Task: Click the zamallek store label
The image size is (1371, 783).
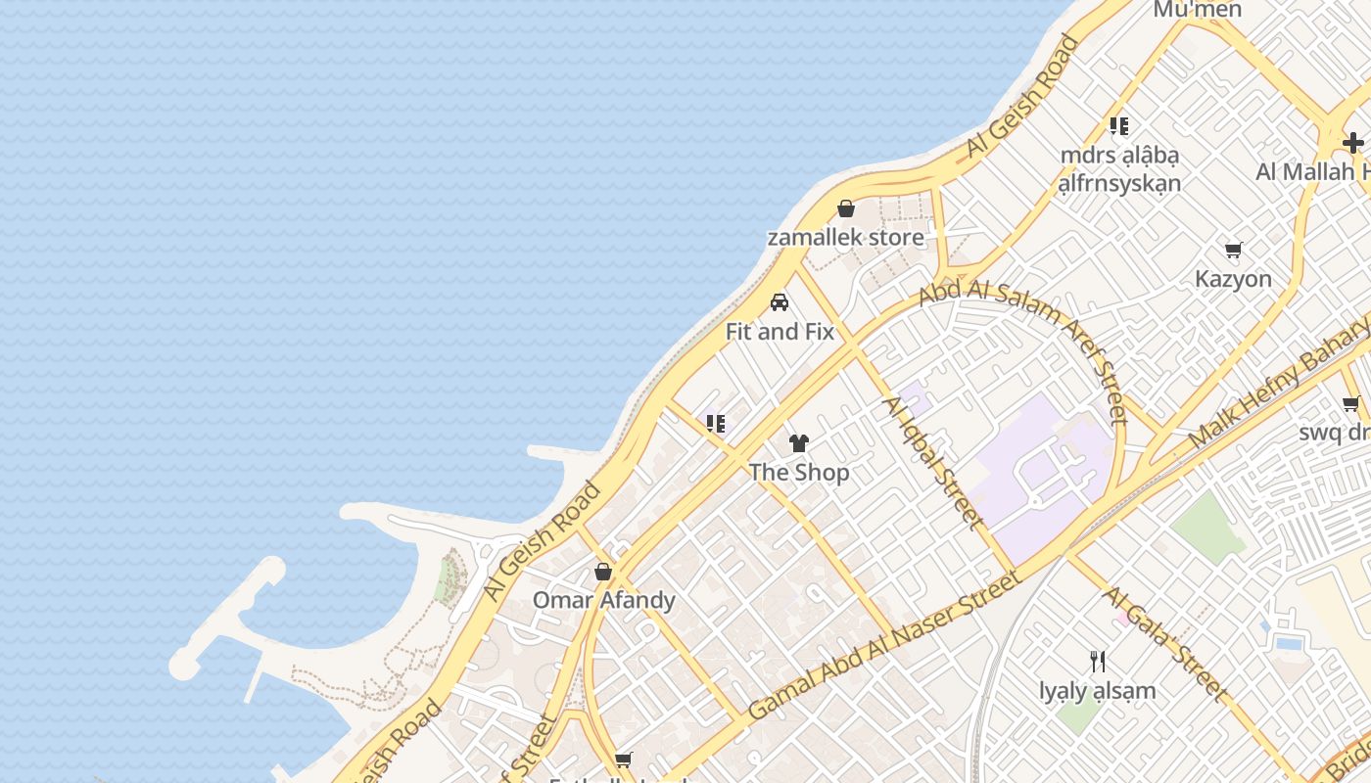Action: tap(845, 237)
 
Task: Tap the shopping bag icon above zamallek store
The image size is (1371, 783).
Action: tap(846, 208)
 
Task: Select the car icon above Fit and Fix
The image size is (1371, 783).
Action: tap(780, 302)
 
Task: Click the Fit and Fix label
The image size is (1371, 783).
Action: tap(780, 332)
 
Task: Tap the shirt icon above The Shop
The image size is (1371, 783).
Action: tap(799, 443)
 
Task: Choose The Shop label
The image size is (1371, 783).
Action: tap(799, 472)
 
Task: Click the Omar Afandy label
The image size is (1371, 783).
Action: tap(603, 600)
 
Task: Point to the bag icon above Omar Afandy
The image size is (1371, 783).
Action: tap(603, 572)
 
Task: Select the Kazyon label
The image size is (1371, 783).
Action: tap(1233, 279)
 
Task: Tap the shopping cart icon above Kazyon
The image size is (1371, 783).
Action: tap(1234, 250)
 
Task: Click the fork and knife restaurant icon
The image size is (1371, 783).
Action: tap(1098, 662)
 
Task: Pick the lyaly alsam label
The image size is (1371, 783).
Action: tap(1098, 691)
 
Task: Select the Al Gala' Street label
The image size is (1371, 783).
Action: tap(1164, 643)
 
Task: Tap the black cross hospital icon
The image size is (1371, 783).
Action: tap(1353, 143)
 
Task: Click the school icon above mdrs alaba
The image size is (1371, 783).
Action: tap(1119, 125)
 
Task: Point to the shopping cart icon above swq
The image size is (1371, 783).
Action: tap(1351, 403)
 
